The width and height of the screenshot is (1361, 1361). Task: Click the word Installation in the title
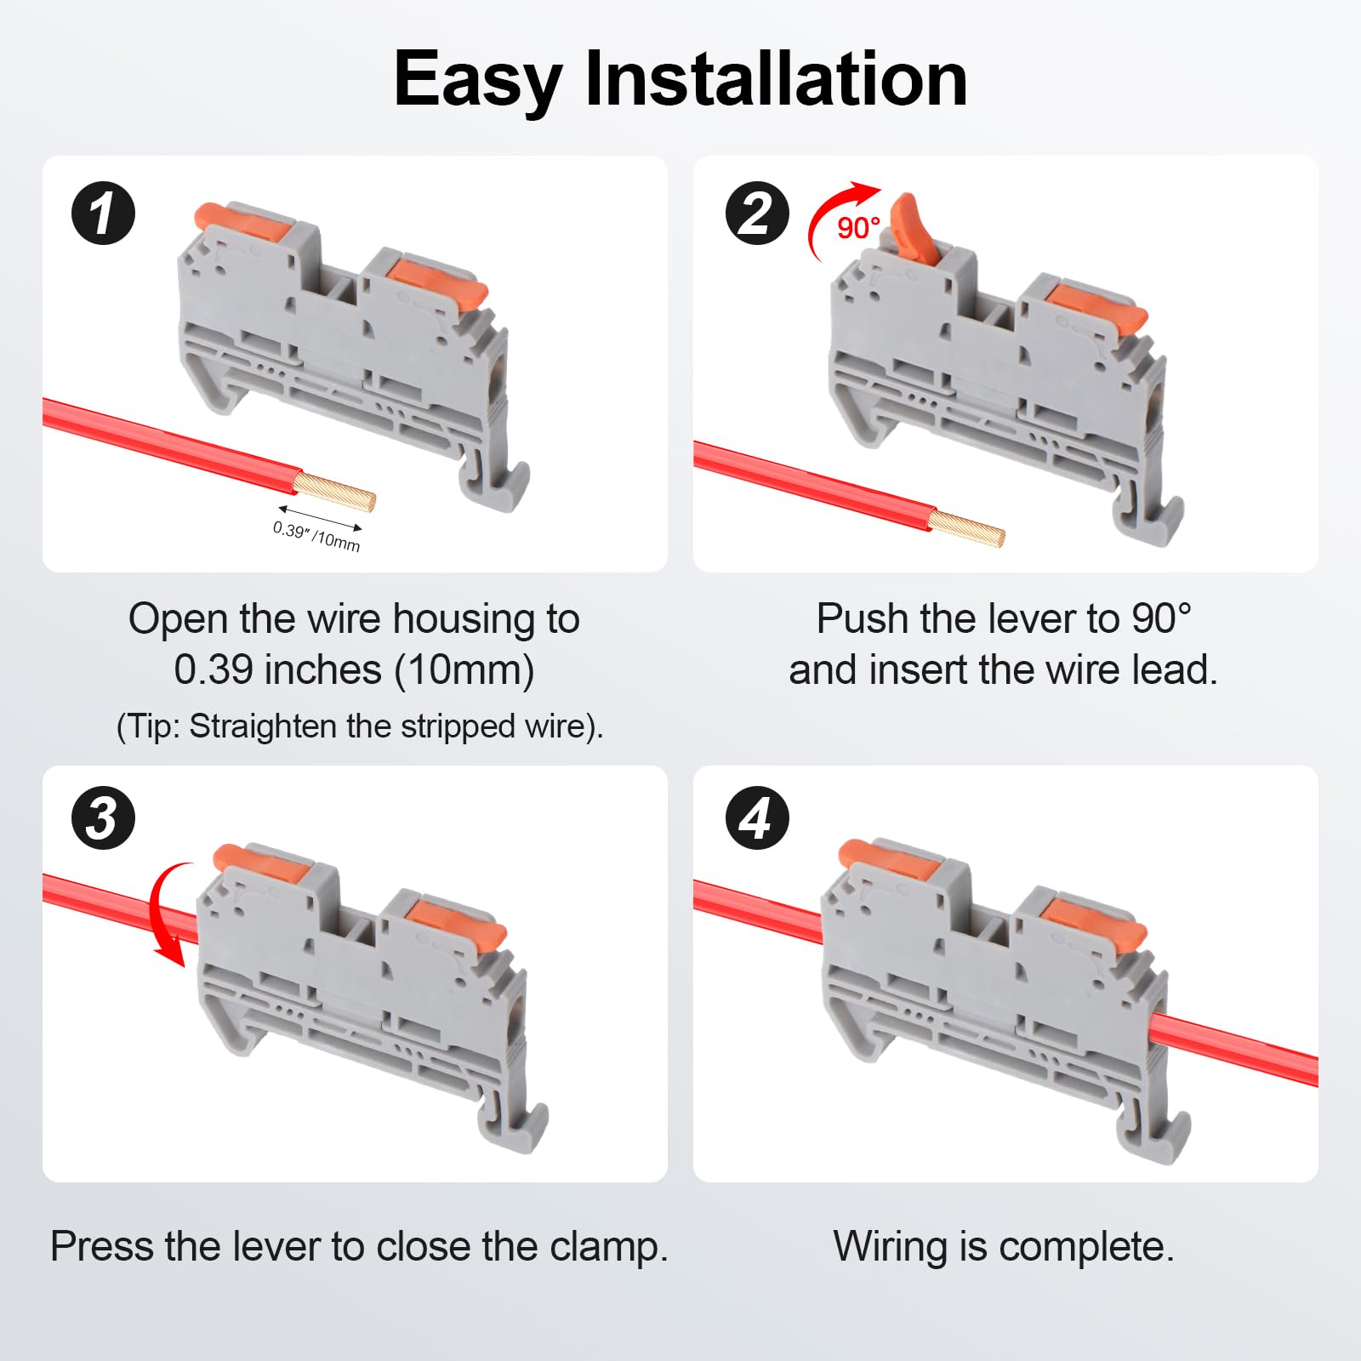coord(777,78)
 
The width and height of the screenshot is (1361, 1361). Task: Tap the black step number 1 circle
coord(103,213)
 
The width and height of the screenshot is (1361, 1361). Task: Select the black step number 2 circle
coord(757,213)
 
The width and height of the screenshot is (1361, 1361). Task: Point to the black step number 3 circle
coord(103,818)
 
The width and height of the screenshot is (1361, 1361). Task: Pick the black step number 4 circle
coord(757,818)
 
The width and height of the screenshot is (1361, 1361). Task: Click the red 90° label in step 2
coord(858,228)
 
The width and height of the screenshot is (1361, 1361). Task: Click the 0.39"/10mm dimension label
coord(316,536)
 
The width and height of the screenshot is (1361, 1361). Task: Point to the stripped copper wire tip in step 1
coord(333,493)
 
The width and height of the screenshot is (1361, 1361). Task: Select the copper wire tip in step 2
coord(966,528)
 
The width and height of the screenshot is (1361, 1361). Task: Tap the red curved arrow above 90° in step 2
coord(835,216)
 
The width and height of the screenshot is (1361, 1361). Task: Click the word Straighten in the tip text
coord(263,726)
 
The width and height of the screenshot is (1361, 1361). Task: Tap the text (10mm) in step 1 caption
coord(464,670)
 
